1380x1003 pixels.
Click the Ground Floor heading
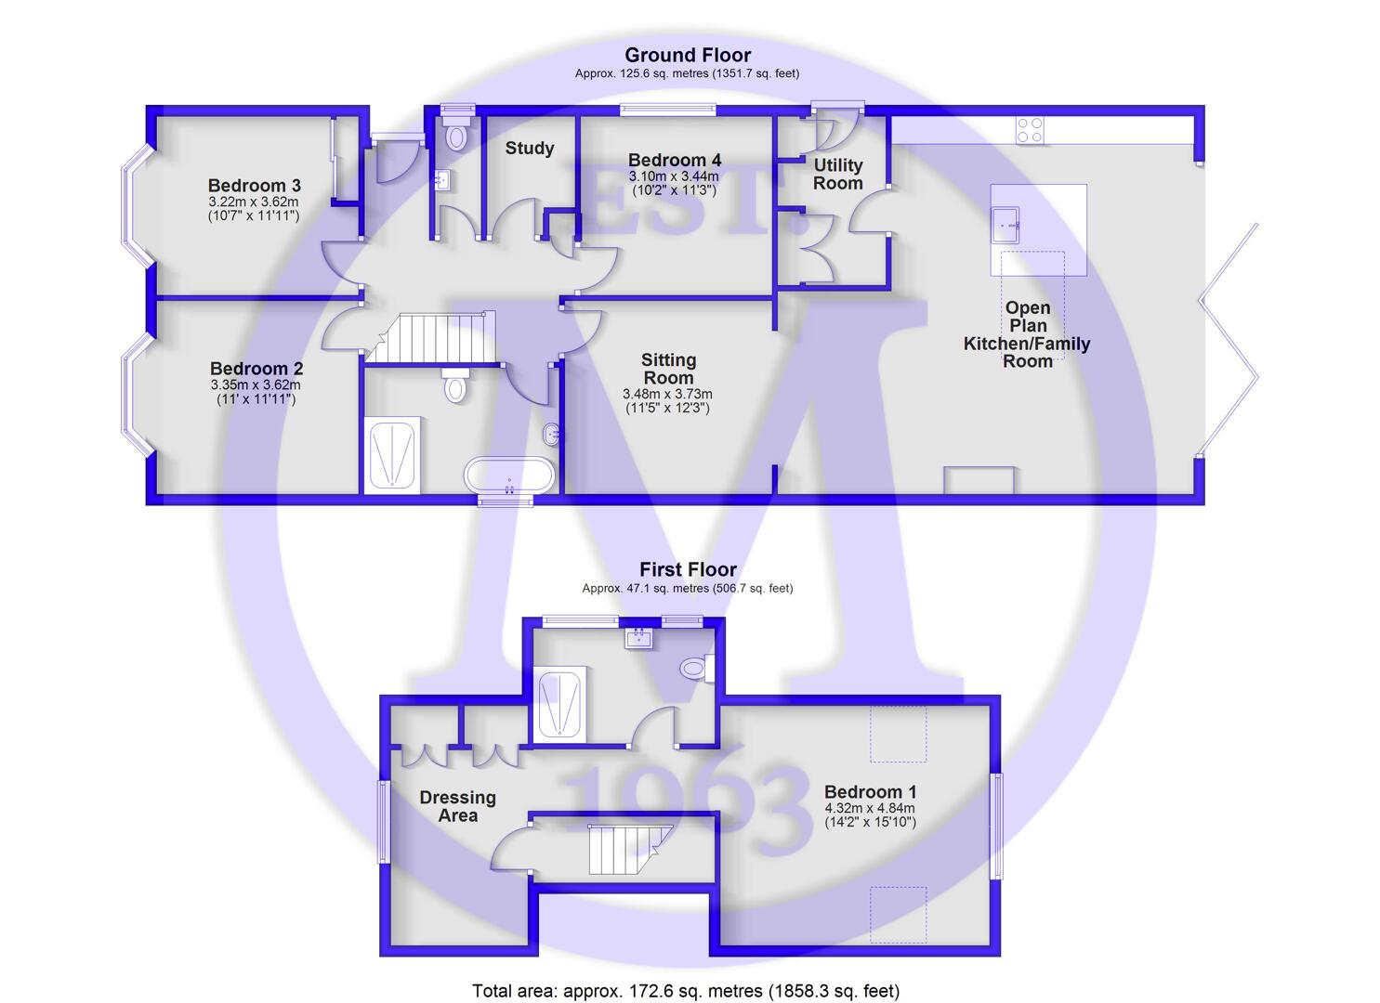pos(688,56)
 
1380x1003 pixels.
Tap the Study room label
pos(529,149)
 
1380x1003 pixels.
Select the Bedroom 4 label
pos(674,160)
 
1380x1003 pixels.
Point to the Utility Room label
pos(838,175)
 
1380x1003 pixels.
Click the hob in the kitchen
pos(1030,131)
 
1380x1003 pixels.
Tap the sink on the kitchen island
pos(1005,226)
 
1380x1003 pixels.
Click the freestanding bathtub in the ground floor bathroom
pos(509,475)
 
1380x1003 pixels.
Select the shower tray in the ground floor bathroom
pos(392,455)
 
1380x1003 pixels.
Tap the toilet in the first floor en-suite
pos(697,669)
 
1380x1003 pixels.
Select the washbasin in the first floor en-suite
pos(639,639)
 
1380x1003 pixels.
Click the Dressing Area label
pos(458,807)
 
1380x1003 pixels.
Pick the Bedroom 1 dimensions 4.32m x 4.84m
pos(870,808)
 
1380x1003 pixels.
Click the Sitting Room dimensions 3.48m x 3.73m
pos(667,394)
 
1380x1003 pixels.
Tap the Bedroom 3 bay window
pos(135,205)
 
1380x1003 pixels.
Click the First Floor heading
pos(688,569)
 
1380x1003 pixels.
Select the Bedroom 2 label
pos(256,369)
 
